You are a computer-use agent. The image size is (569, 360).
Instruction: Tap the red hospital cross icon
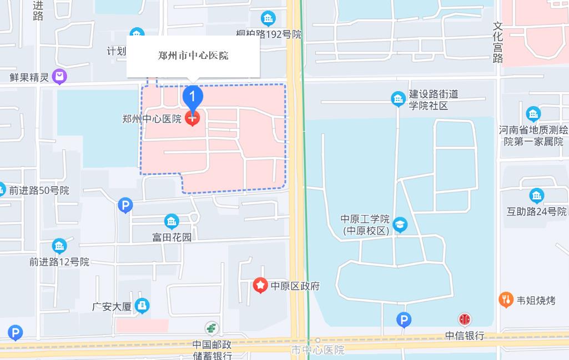click(x=193, y=118)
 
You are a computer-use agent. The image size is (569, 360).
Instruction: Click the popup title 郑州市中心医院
click(x=193, y=56)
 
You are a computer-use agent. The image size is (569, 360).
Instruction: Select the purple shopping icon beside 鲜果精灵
click(x=59, y=76)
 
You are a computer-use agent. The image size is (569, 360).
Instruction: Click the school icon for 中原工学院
click(x=400, y=224)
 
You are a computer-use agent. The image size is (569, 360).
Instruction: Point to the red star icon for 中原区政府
click(x=260, y=286)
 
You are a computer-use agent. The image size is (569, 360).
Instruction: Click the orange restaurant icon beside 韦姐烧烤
click(x=505, y=300)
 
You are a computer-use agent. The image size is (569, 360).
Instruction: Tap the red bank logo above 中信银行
click(x=465, y=319)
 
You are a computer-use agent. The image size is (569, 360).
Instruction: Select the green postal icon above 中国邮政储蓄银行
click(x=212, y=328)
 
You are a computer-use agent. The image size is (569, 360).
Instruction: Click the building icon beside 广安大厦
click(x=142, y=306)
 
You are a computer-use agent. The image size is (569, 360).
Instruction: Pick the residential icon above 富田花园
click(x=172, y=221)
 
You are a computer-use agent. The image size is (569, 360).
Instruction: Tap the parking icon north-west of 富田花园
click(x=125, y=206)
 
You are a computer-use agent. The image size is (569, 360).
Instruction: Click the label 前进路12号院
click(x=59, y=262)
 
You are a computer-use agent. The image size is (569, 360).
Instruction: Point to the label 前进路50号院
click(x=39, y=191)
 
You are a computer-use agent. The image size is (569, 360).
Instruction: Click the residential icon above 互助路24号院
click(x=536, y=196)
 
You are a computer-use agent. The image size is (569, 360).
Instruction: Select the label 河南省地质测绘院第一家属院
click(x=533, y=136)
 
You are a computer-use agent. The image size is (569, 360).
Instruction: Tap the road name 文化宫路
click(x=498, y=42)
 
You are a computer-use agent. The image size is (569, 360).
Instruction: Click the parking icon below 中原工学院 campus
click(x=404, y=319)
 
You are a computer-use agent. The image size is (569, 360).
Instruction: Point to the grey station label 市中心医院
click(x=318, y=350)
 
